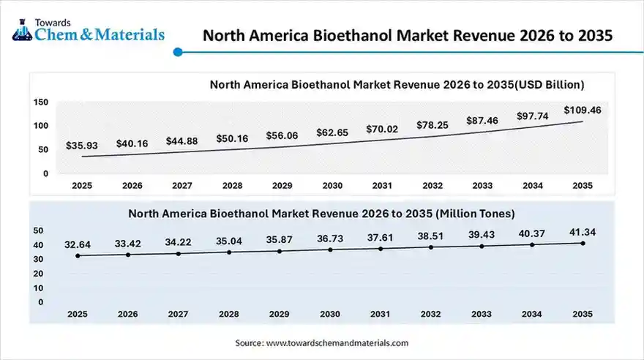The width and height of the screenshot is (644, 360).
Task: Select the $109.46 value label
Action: click(x=583, y=110)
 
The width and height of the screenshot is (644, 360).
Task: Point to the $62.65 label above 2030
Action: click(x=332, y=132)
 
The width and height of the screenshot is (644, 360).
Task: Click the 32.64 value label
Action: click(x=78, y=244)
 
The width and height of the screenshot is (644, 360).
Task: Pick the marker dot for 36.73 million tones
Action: click(x=330, y=250)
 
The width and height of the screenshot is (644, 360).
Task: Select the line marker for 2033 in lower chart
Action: click(x=482, y=246)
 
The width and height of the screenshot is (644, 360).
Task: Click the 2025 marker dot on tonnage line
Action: click(x=78, y=255)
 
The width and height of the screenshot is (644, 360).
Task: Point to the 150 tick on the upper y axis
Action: click(x=41, y=102)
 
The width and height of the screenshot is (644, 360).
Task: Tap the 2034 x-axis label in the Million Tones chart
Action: click(x=532, y=314)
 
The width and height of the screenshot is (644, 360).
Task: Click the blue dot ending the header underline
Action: click(x=178, y=52)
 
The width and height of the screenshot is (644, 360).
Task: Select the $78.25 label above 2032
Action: click(x=432, y=125)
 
